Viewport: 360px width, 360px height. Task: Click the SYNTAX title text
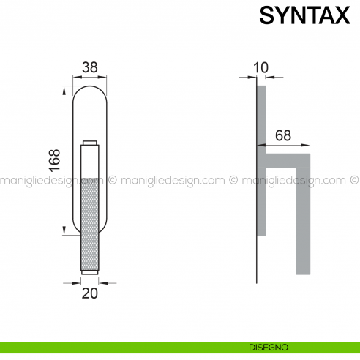point(304,15)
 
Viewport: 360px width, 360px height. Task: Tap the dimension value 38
point(90,67)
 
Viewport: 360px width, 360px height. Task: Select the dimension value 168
point(54,160)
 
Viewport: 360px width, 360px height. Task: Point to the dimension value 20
point(90,293)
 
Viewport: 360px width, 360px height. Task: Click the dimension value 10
point(260,67)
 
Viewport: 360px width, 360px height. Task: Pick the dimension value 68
point(283,135)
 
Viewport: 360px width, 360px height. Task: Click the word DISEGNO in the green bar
point(269,348)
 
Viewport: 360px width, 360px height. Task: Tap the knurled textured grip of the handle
point(90,225)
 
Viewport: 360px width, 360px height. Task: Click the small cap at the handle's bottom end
point(90,272)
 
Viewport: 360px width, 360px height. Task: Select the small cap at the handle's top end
point(90,143)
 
